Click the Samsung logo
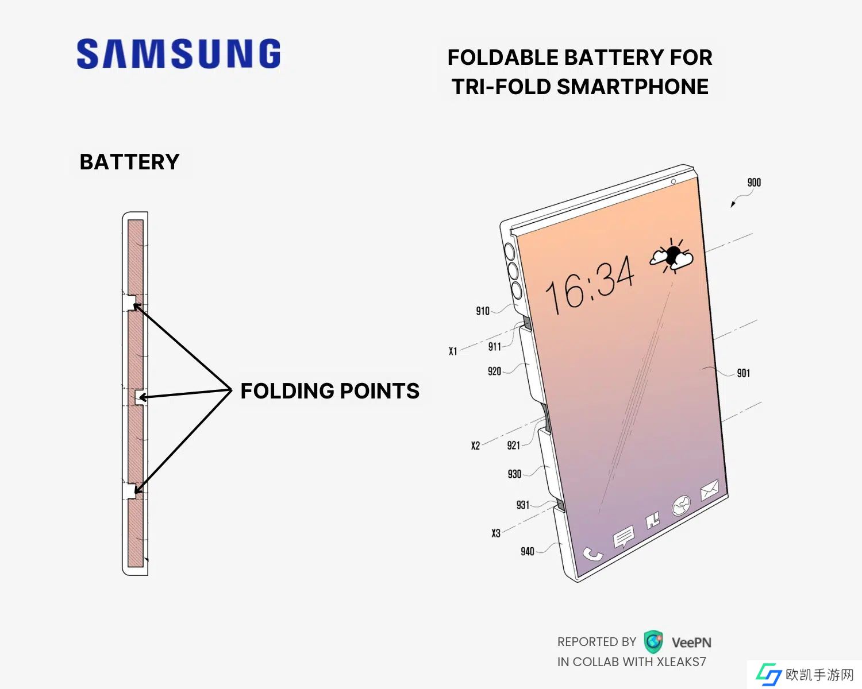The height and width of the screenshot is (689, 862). tap(179, 54)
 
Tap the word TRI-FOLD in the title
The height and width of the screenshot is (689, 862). tap(500, 87)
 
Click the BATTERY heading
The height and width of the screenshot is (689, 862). tap(129, 162)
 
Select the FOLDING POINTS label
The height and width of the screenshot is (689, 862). tap(330, 391)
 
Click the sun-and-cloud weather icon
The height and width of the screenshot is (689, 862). tap(672, 256)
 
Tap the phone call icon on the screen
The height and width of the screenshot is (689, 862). tap(592, 553)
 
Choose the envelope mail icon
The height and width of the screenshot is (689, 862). tap(709, 489)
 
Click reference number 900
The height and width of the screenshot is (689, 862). tap(754, 183)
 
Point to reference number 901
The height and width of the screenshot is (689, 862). tap(743, 373)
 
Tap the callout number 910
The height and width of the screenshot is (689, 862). tap(483, 311)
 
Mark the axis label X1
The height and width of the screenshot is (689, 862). tap(453, 351)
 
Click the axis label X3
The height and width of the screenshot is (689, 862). tap(495, 533)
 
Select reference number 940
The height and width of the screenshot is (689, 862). tap(527, 551)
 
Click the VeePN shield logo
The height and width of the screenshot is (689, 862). tap(653, 641)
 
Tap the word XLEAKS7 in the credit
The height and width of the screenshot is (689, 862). tap(681, 662)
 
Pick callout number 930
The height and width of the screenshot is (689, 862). tap(514, 474)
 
